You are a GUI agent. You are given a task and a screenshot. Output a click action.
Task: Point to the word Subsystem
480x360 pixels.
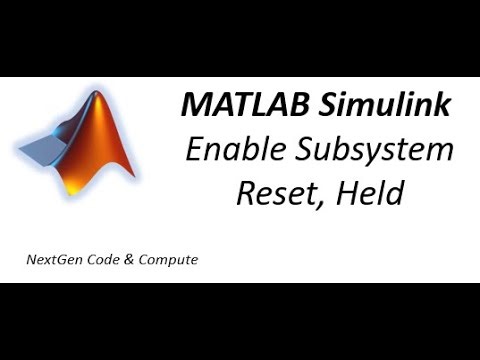[378, 150]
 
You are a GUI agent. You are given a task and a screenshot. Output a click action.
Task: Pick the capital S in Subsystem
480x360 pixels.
[310, 150]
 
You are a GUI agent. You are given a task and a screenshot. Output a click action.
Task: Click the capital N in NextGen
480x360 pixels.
[32, 260]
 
